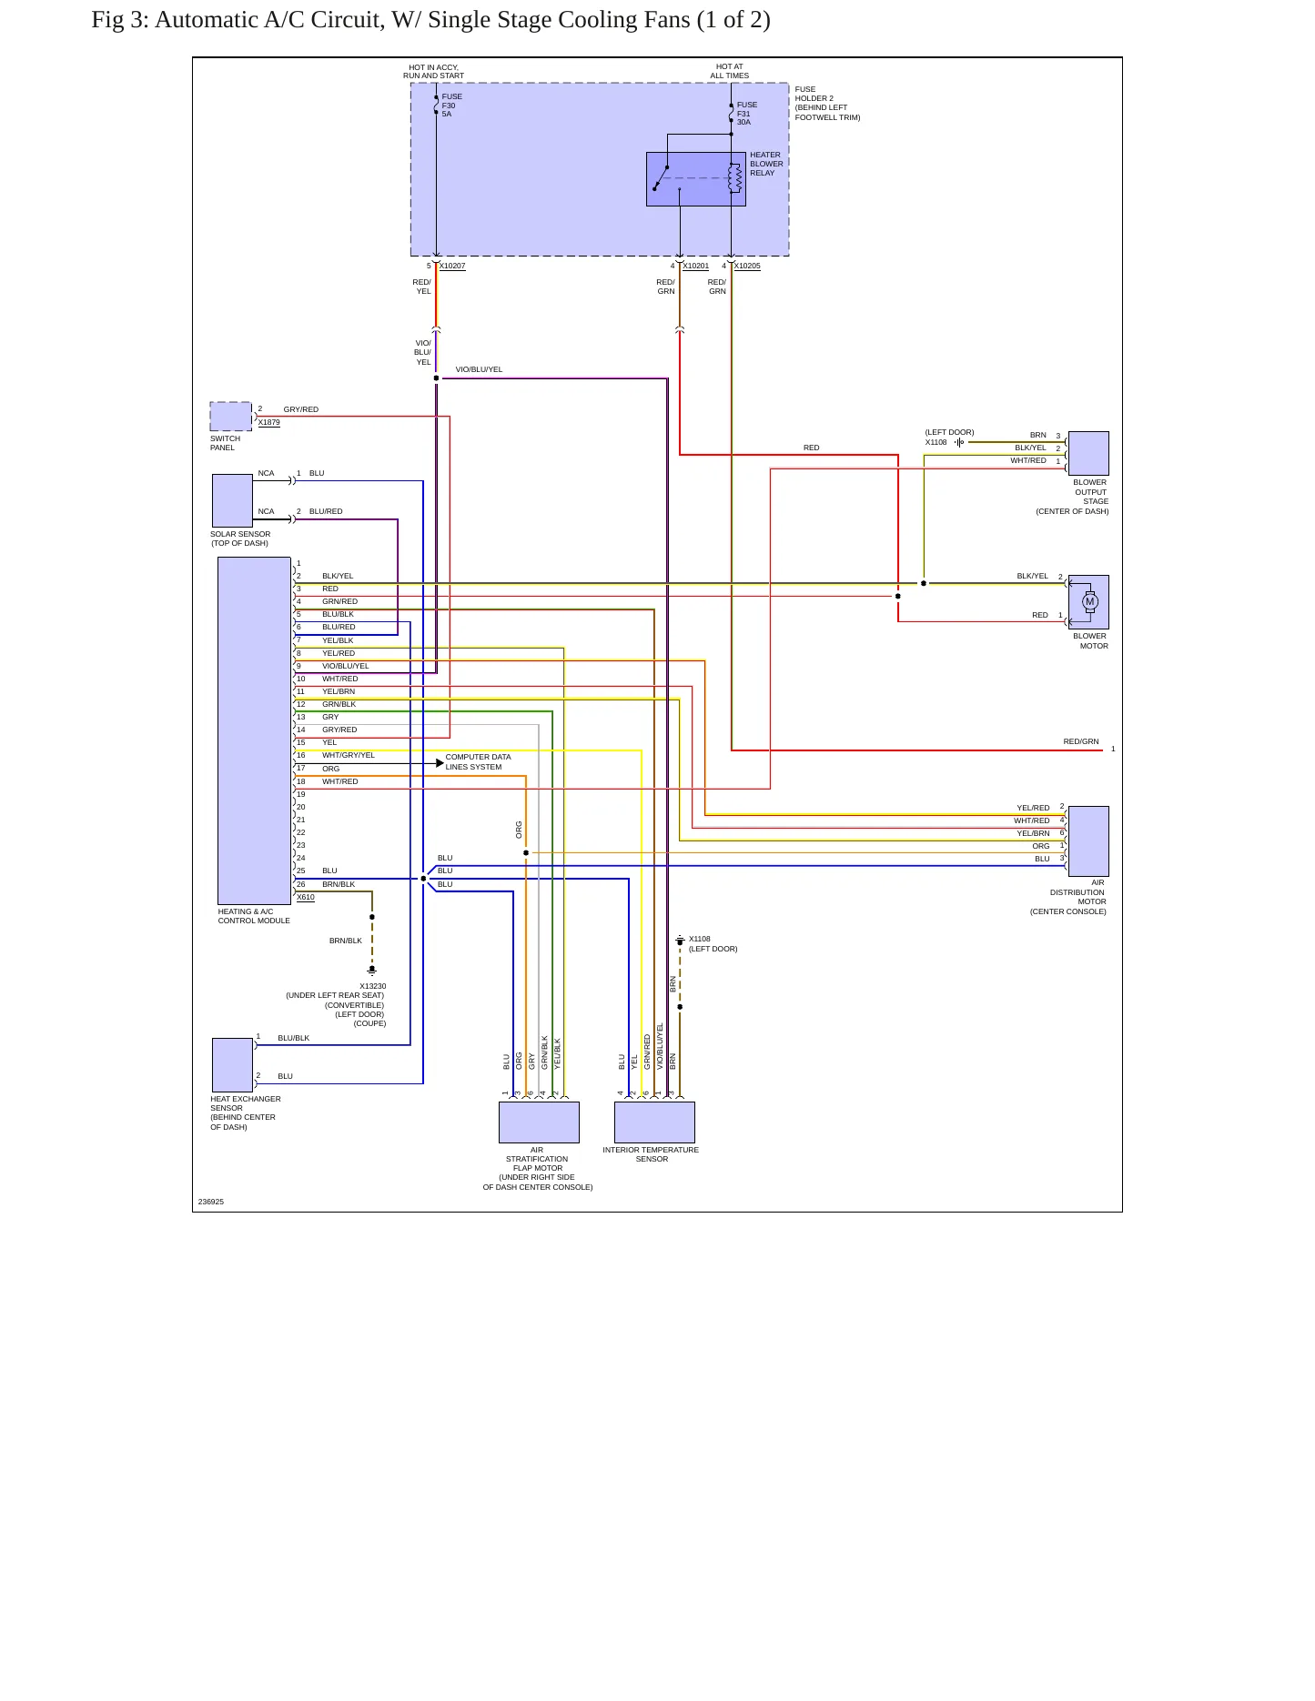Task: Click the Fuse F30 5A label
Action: [x=451, y=106]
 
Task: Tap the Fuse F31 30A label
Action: [x=746, y=114]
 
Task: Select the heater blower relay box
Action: [x=695, y=179]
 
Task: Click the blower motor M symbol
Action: [x=1090, y=601]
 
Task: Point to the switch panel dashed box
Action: [x=231, y=417]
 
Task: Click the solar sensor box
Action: [x=232, y=500]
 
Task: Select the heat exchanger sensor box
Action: [x=232, y=1065]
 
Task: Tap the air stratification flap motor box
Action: [x=539, y=1122]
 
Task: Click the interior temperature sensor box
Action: [x=654, y=1122]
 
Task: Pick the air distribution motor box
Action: [x=1088, y=841]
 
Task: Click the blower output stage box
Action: [x=1088, y=453]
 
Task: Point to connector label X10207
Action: [x=452, y=267]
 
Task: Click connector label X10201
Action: [x=695, y=267]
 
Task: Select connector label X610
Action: [x=306, y=898]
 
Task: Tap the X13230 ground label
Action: [x=372, y=986]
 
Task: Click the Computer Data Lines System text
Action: [x=478, y=762]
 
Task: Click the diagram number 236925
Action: [x=211, y=1202]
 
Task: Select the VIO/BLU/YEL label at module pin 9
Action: [x=346, y=666]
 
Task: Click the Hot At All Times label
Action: [x=730, y=71]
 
